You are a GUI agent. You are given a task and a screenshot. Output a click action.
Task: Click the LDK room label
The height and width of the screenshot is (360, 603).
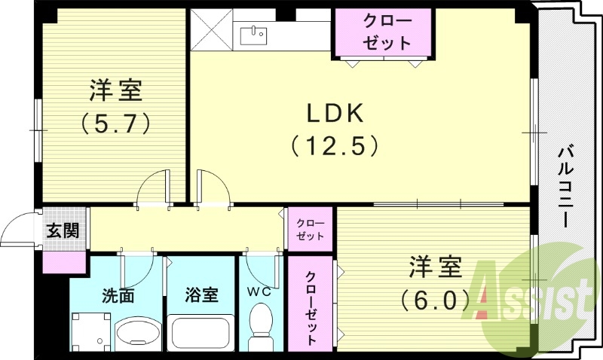(x=334, y=113)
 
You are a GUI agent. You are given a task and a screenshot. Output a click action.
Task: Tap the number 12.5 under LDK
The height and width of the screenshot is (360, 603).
(x=334, y=145)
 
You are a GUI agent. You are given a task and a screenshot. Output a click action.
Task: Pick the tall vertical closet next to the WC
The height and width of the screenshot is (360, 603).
(x=311, y=304)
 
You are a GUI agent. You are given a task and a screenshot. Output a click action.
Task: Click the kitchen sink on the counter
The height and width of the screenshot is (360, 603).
(x=254, y=34)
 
